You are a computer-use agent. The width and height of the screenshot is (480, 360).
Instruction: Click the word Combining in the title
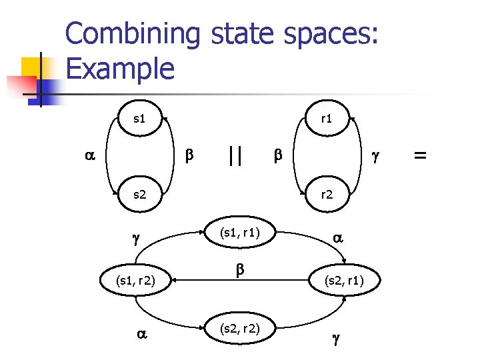point(133,35)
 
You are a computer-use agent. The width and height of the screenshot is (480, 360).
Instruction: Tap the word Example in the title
point(121,68)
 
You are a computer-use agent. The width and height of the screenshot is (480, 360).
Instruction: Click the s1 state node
point(139,119)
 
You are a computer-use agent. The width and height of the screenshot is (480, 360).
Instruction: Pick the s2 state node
point(139,195)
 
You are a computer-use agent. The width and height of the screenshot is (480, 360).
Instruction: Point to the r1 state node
point(327,119)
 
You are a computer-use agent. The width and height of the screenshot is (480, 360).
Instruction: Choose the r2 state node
point(327,195)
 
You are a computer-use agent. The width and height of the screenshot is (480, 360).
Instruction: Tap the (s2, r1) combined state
point(344,281)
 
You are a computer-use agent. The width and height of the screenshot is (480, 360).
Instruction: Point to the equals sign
point(420,155)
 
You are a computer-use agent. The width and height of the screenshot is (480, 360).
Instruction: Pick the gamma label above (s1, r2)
point(136,239)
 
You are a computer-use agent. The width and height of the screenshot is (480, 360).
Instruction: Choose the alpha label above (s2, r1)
point(337,237)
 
